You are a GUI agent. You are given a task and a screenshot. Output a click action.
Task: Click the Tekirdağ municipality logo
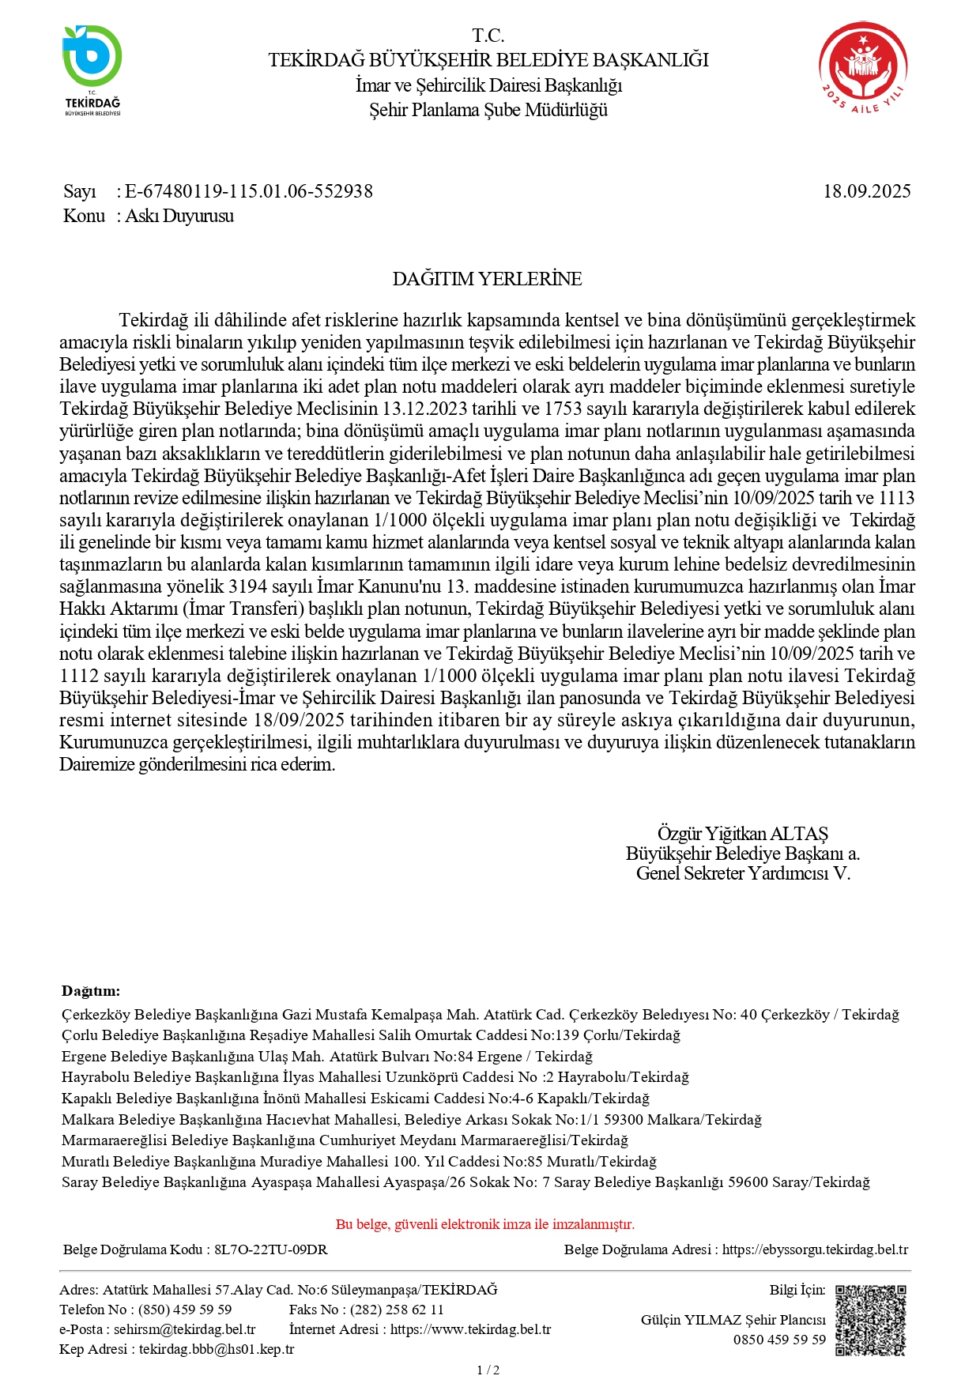coord(92,70)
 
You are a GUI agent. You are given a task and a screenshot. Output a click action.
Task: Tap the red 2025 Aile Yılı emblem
coord(863,67)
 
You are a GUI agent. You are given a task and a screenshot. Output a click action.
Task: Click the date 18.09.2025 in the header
coord(867,191)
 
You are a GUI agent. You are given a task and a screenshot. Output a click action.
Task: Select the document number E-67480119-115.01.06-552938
coord(249,191)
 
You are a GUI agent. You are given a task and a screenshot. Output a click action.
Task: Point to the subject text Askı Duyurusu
coord(179,216)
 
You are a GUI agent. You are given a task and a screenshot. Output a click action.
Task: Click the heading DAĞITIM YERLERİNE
coord(487,279)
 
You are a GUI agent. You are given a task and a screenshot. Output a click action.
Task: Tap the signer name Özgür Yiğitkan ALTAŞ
coord(742,833)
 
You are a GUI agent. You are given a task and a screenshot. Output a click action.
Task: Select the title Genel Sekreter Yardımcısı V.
coord(742,873)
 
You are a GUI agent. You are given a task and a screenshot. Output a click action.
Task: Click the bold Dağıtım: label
coord(91,991)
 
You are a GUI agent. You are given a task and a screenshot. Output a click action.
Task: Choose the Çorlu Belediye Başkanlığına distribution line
coord(371,1035)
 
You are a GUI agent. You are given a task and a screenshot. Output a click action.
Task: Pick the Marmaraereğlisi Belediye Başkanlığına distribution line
coord(345,1140)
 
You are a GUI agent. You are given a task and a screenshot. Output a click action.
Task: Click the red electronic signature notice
coord(485,1224)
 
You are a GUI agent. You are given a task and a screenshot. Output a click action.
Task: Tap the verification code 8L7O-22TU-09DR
coord(271,1249)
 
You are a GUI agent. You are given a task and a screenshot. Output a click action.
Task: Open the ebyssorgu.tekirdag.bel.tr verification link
coord(815,1249)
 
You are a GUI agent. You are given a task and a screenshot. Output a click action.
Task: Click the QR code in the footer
coord(871,1321)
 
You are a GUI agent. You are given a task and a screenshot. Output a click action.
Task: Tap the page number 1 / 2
coord(488,1370)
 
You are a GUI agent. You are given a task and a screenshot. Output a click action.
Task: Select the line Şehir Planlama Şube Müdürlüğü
coord(488,110)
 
